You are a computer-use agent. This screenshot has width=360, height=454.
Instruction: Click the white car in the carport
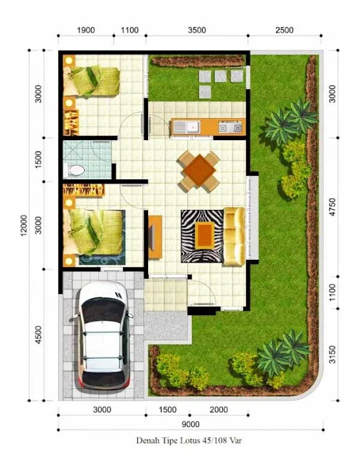[102, 336]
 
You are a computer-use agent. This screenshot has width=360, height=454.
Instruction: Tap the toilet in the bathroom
[75, 170]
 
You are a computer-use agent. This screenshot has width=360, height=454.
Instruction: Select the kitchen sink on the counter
[187, 127]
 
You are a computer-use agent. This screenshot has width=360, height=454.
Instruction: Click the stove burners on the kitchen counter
[230, 127]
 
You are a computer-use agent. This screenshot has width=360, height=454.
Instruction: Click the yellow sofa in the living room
[234, 236]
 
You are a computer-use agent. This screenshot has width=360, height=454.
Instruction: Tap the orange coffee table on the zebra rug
[205, 235]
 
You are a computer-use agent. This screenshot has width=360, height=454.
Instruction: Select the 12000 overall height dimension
[23, 226]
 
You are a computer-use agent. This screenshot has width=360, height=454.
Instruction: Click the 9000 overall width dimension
[191, 424]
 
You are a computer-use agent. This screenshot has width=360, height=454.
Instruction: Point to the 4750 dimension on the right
[332, 207]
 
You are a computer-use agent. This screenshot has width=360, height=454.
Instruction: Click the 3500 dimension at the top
[197, 30]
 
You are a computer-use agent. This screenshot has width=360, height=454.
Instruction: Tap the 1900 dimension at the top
[85, 30]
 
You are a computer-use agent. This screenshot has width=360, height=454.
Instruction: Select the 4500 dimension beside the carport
[38, 335]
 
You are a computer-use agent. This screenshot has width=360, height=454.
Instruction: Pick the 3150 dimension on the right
[332, 354]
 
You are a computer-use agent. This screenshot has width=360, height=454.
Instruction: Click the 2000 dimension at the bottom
[219, 410]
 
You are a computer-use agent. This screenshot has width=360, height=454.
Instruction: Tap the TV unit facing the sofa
[155, 237]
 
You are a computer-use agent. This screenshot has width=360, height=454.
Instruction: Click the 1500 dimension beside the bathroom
[38, 159]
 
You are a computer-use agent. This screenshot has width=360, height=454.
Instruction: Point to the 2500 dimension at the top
[284, 30]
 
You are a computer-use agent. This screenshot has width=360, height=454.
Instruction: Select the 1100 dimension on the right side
[332, 292]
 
